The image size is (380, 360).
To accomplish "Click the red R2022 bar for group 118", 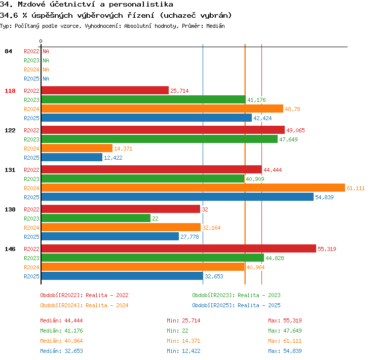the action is (105, 90).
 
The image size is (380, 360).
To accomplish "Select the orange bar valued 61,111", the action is (193, 188).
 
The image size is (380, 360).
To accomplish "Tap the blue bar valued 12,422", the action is (72, 158).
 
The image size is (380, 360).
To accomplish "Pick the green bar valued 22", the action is (96, 219).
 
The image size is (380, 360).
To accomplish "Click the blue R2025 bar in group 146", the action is (122, 276).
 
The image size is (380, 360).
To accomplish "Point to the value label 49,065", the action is (295, 130).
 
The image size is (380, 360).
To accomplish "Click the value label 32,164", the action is (211, 228).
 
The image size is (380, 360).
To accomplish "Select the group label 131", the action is (10, 170).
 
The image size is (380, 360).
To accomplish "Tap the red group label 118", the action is (10, 91).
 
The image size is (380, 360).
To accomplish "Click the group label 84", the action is (8, 51).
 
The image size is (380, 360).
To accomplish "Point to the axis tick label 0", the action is (41, 41).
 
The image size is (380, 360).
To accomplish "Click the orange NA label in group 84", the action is (46, 69).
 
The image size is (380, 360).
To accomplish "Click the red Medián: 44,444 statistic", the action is (61, 320).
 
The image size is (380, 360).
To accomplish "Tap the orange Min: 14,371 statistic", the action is (183, 341).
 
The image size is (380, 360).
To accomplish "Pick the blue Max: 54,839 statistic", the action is (285, 351).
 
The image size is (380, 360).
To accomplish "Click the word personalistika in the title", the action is (141, 5).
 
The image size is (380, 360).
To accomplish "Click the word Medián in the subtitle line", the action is (215, 26).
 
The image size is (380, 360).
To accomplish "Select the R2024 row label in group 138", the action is (31, 228).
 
